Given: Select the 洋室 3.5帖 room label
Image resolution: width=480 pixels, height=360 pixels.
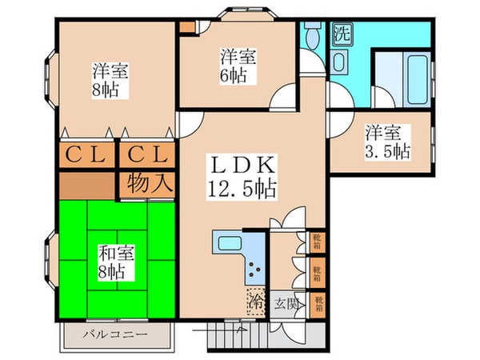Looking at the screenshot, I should [x=388, y=140].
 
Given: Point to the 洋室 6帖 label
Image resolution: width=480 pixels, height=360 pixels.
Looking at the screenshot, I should [x=238, y=66].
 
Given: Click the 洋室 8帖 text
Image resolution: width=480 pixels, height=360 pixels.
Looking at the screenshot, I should [x=109, y=78].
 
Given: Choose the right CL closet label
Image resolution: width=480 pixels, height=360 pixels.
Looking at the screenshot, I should [x=146, y=154].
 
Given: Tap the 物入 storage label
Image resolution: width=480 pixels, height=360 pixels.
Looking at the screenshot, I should [x=146, y=182].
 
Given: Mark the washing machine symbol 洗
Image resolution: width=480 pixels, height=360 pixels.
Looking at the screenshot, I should [x=341, y=34].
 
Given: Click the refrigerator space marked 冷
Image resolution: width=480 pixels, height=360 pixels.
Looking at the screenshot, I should [x=256, y=302].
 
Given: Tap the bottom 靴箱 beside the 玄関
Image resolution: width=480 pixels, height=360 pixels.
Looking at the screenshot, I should [x=317, y=303].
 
